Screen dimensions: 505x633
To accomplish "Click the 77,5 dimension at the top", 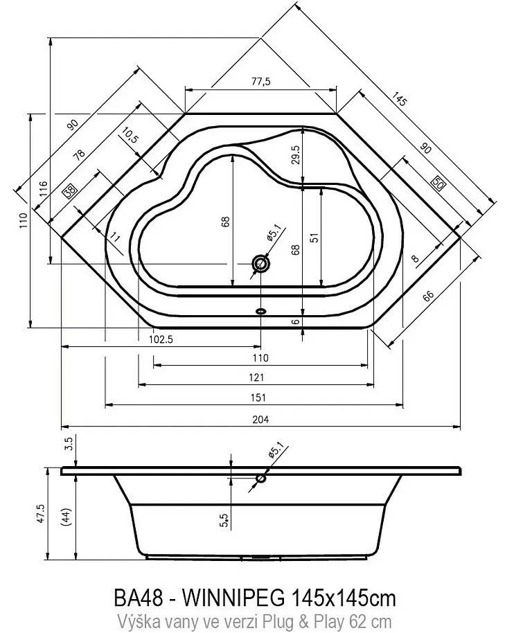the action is (260, 82).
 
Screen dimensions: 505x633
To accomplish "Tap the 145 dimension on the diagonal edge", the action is (398, 99).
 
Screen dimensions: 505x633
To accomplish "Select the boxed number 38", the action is (71, 190).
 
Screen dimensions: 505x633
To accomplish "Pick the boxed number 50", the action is (438, 183).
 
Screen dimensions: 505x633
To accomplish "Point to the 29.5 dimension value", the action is (296, 154).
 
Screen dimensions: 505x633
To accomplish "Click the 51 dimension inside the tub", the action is (316, 237).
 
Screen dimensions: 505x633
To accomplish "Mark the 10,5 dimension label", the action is (130, 135).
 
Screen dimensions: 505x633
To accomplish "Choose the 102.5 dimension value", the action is (161, 339).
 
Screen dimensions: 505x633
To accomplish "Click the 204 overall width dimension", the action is (260, 420).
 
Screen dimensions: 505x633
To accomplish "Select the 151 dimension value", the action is (258, 398).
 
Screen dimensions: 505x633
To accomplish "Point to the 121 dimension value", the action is (257, 377).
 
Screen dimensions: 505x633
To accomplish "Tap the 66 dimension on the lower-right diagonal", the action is (428, 296).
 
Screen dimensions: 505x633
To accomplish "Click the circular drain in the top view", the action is (260, 264).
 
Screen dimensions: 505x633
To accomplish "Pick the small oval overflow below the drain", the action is (261, 311).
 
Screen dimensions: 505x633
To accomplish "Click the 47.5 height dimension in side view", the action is (41, 514).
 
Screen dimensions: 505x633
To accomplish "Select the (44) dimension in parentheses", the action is (67, 517).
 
